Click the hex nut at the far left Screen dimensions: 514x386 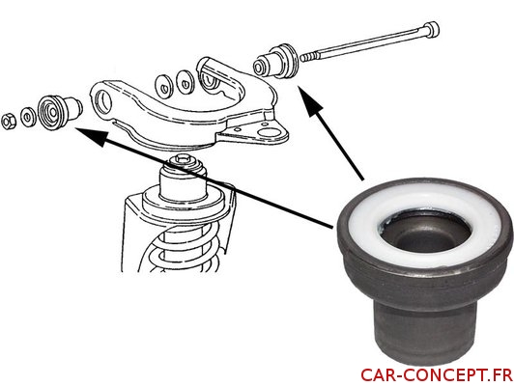[9, 122]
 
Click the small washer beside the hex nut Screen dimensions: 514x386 [27, 116]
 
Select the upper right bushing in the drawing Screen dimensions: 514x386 [276, 61]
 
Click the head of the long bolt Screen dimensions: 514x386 [431, 29]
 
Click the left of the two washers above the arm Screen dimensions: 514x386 [163, 87]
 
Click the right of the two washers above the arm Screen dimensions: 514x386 [186, 82]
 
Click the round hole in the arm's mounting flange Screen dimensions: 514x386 [268, 132]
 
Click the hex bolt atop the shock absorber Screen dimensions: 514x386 [182, 161]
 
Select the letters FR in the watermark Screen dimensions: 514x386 [500, 375]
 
